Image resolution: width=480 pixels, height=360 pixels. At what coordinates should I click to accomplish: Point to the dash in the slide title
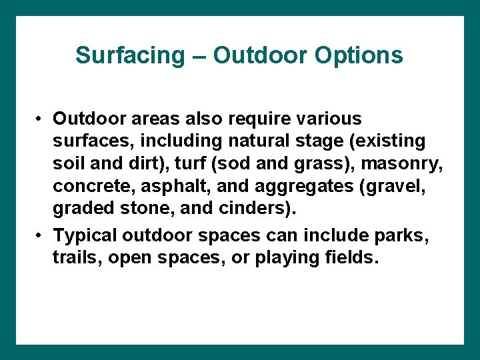tap(197, 56)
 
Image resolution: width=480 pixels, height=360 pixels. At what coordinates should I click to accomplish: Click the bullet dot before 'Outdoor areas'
tap(41, 119)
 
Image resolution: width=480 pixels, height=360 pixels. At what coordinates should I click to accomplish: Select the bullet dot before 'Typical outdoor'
tap(41, 235)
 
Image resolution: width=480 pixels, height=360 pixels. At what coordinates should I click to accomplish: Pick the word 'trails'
tap(74, 258)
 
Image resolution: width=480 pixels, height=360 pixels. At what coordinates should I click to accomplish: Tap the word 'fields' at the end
tap(353, 258)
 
